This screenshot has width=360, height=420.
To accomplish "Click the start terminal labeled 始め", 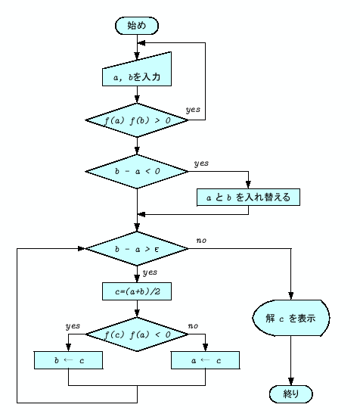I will (x=136, y=25).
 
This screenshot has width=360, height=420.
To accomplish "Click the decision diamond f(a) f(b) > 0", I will (x=136, y=120).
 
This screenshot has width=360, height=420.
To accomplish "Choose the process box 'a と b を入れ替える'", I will (x=248, y=197).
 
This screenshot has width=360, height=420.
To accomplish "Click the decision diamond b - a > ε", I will (x=136, y=247).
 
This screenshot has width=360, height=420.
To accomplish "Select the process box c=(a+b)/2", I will (x=136, y=291).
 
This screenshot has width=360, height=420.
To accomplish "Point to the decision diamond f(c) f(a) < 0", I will (x=136, y=333).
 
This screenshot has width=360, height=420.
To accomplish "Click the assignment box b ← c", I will (x=69, y=361).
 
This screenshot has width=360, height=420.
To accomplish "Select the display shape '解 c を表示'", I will (x=290, y=319).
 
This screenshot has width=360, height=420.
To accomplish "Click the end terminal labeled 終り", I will (x=290, y=394).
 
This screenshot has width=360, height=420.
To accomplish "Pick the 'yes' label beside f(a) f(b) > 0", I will (x=193, y=110).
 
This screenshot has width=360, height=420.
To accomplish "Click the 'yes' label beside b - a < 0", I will (x=202, y=163).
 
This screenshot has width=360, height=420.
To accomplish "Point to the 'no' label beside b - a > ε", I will (x=202, y=240).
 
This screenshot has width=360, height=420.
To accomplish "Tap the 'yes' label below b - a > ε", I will (x=150, y=272).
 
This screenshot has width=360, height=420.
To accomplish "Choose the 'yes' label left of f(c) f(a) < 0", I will (x=73, y=325).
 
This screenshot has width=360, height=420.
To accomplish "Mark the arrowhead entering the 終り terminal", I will (x=290, y=381).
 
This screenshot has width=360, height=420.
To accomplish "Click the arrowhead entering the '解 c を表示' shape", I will (x=290, y=297).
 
